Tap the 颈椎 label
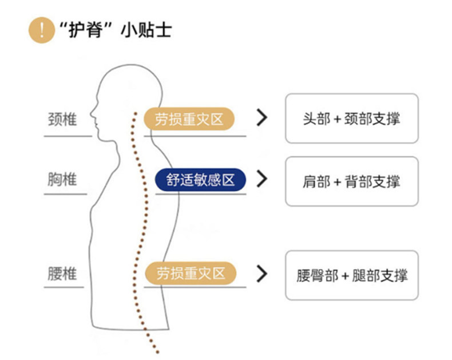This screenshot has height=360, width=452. [x=62, y=120]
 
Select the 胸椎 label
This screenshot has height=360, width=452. [x=62, y=180]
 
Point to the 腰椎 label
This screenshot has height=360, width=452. [x=62, y=274]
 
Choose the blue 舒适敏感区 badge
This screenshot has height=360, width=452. [x=200, y=180]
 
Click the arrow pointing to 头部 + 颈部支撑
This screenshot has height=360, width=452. [x=261, y=118]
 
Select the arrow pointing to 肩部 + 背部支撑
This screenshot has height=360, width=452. [x=261, y=179]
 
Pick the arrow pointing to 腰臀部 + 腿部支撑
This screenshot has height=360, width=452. [x=261, y=273]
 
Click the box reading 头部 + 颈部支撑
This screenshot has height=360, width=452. [x=351, y=118]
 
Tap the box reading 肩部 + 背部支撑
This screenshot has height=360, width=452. [x=351, y=181]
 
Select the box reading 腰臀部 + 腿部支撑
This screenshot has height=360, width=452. [x=351, y=275]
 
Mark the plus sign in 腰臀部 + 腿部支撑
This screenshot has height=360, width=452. [x=345, y=275]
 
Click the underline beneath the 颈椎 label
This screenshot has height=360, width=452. [x=68, y=136]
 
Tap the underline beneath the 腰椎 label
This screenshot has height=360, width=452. [x=68, y=287]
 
